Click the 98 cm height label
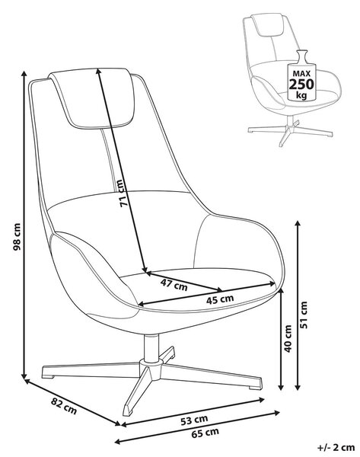17,237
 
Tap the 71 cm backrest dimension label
123,193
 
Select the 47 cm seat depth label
174,285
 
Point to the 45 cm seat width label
220,299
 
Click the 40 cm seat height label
288,338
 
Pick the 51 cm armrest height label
304,315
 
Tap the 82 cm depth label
64,406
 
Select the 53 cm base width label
193,420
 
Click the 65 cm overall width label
205,433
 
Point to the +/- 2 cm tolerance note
336,447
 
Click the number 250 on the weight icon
301,85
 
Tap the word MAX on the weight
301,73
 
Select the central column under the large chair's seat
151,348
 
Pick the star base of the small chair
290,132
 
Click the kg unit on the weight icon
301,95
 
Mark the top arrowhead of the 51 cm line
298,224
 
